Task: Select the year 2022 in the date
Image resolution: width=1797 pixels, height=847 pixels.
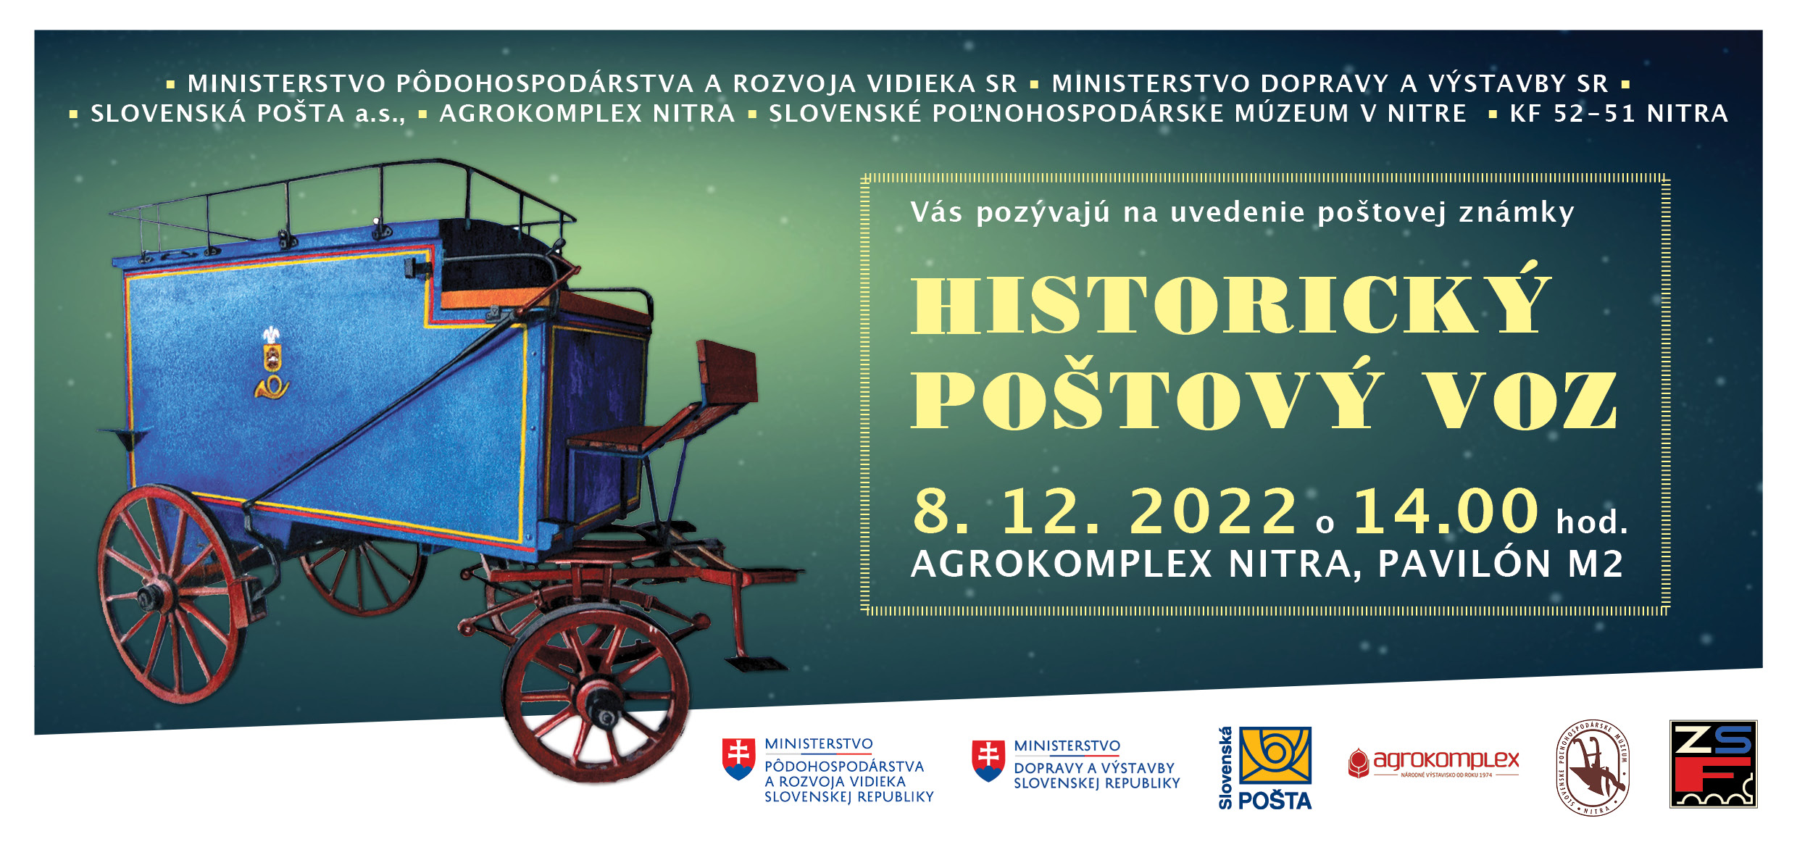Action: (x=1213, y=511)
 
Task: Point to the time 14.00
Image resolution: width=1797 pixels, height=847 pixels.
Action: (x=1446, y=511)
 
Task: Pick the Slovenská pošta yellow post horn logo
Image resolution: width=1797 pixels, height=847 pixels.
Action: (x=1275, y=755)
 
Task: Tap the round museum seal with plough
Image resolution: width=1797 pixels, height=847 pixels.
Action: (x=1593, y=768)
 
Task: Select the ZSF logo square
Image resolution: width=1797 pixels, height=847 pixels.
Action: (x=1713, y=764)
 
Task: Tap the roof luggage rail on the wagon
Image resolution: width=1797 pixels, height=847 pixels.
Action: (x=341, y=196)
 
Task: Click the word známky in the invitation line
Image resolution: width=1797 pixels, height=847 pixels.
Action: (x=1516, y=212)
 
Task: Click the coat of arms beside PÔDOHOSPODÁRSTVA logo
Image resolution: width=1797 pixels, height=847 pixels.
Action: (x=739, y=759)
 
